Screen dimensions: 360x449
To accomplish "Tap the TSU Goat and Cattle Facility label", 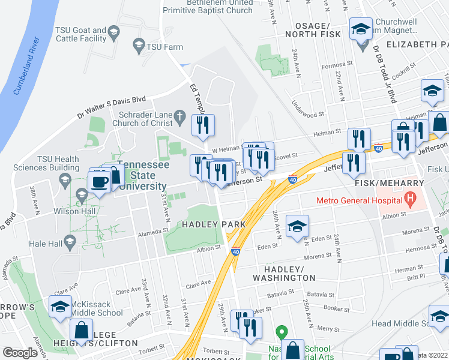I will tap(80, 34).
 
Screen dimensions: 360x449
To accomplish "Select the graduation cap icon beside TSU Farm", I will tap(139, 45).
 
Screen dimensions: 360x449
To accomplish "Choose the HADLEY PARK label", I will tap(206, 224).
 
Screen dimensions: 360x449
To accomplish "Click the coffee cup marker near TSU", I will tap(100, 181).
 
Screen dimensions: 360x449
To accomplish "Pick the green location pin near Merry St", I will tap(280, 331).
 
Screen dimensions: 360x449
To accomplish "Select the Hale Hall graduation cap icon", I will tap(70, 242).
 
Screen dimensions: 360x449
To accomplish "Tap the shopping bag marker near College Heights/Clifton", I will tap(81, 331).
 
